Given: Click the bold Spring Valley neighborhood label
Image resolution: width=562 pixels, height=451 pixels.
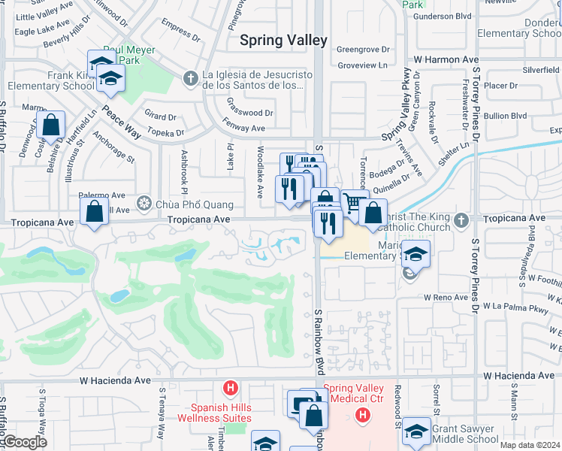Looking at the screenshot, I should point(283,41).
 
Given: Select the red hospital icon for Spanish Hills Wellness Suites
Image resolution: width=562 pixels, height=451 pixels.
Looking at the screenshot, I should point(231,388).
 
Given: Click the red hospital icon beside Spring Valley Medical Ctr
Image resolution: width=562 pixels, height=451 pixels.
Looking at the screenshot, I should point(364,414).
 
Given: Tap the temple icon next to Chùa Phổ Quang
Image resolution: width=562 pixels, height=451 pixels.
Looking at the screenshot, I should point(144,204).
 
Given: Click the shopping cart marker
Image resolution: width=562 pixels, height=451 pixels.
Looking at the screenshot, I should point(354,201).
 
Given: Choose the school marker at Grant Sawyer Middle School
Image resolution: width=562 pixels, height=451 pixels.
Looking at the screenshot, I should point(416,431).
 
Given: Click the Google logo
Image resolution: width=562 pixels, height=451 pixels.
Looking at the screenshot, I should point(25,442).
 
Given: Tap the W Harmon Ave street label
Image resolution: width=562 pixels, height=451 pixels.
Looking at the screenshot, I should point(446,59).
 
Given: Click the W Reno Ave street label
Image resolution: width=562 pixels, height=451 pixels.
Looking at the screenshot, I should point(446,298).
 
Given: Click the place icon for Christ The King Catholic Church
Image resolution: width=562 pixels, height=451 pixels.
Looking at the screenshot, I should point(464,219).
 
